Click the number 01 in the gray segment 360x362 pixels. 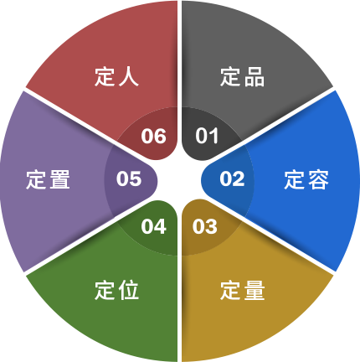coord(207,136)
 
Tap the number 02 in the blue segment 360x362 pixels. coord(232,178)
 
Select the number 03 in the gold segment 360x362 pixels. coord(205,226)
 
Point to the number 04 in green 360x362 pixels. coord(154,226)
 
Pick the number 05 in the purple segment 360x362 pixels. coord(129,178)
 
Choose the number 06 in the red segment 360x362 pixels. coord(154,136)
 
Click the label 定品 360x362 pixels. coord(242,76)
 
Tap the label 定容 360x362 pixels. coord(306,179)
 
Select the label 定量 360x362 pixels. coord(242,291)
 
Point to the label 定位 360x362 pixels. coord(116,291)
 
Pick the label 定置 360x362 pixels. coord(48,179)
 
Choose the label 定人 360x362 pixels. coord(116,76)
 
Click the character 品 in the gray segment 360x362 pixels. coord(255,77)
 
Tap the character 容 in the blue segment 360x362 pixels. coord(318,179)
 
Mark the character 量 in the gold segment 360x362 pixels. coord(255,291)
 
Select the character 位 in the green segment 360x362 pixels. coord(129,291)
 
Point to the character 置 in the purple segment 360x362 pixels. coord(59,179)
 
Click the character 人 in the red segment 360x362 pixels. coord(129,76)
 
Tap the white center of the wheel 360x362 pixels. coord(179,180)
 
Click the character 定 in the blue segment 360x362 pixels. coord(295,179)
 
